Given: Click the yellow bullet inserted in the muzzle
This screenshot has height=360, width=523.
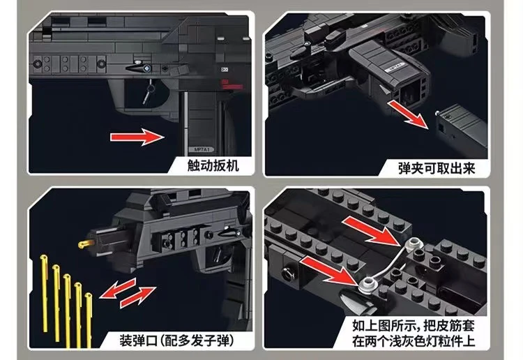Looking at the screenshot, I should (85, 242).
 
